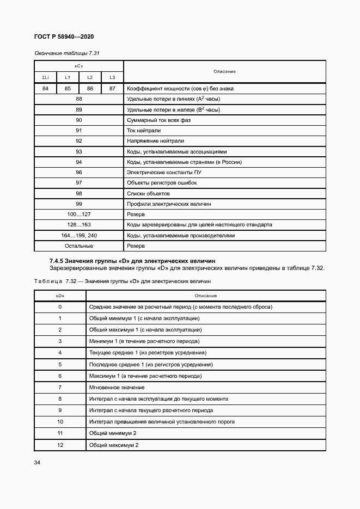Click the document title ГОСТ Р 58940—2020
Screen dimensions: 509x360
pyautogui.click(x=64, y=37)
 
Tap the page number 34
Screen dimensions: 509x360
pyautogui.click(x=38, y=462)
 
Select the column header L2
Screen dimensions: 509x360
pyautogui.click(x=90, y=78)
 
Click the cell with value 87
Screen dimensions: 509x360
pyautogui.click(x=112, y=88)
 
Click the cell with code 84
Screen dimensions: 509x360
pyautogui.click(x=45, y=88)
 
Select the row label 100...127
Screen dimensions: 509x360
pyautogui.click(x=79, y=214)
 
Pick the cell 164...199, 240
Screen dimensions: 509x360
pyautogui.click(x=79, y=236)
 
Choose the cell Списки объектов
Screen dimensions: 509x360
pyautogui.click(x=148, y=193)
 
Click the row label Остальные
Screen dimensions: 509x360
pyautogui.click(x=79, y=246)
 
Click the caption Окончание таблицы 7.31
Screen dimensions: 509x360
pyautogui.click(x=66, y=53)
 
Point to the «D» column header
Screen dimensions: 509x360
pyautogui.click(x=60, y=296)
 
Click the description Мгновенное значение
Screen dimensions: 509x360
pyautogui.click(x=117, y=387)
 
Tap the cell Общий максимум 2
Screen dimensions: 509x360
pyautogui.click(x=113, y=445)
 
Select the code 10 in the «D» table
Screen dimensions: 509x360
pyautogui.click(x=60, y=421)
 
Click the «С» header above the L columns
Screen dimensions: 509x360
pyautogui.click(x=79, y=66)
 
